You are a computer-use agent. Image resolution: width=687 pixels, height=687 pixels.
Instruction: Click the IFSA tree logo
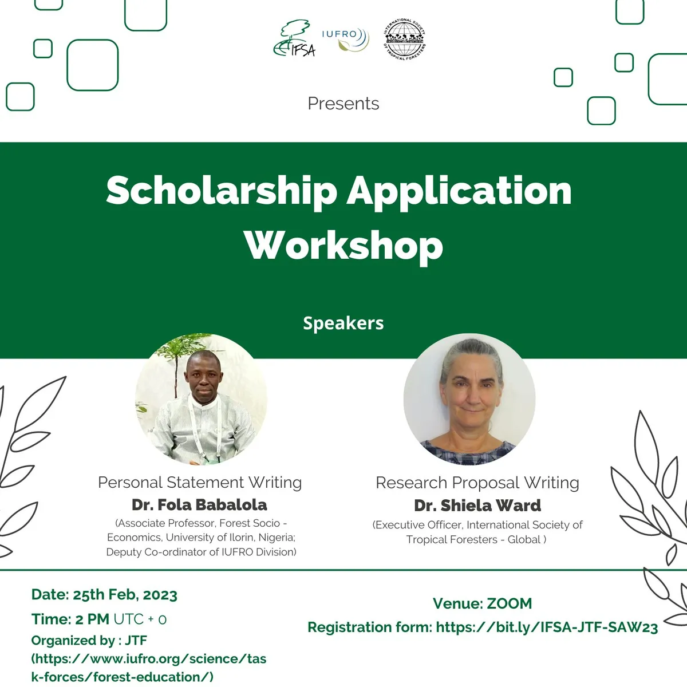pyautogui.click(x=294, y=39)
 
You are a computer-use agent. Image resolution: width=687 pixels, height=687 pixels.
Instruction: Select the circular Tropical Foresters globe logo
pyautogui.click(x=405, y=39)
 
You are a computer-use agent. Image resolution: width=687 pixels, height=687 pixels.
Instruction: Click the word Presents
pyautogui.click(x=343, y=104)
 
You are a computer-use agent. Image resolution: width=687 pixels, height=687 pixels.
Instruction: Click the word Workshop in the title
pyautogui.click(x=343, y=245)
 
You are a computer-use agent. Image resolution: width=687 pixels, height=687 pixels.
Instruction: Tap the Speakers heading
pyautogui.click(x=343, y=323)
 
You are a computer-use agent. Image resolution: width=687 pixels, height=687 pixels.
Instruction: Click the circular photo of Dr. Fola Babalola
pyautogui.click(x=201, y=399)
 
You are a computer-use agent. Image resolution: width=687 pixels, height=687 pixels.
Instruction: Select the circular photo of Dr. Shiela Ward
pyautogui.click(x=469, y=399)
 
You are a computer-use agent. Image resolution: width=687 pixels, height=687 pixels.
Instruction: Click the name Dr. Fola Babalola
pyautogui.click(x=199, y=505)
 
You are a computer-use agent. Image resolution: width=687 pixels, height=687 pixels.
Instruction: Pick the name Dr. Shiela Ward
pyautogui.click(x=477, y=506)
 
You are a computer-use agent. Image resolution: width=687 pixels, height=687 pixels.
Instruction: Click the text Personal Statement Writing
pyautogui.click(x=200, y=483)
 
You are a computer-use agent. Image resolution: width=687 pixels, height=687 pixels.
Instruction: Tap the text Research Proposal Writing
pyautogui.click(x=477, y=483)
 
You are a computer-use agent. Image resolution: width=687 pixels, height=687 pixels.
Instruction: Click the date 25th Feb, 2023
pyautogui.click(x=125, y=595)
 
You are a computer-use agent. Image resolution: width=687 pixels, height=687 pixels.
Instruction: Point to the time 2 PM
pyautogui.click(x=92, y=619)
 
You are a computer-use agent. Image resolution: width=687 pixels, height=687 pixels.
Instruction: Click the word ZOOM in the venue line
pyautogui.click(x=509, y=603)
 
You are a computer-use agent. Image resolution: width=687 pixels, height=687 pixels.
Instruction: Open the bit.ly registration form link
pyautogui.click(x=547, y=627)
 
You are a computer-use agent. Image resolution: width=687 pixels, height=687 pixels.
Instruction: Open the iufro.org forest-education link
pyautogui.click(x=149, y=668)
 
